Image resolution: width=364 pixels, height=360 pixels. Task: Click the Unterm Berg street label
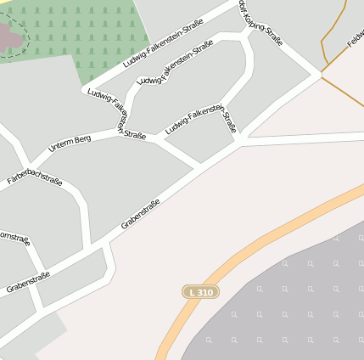[69, 144]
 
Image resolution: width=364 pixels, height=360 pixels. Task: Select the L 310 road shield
[202, 292]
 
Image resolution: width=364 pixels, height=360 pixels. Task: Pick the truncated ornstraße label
[14, 235]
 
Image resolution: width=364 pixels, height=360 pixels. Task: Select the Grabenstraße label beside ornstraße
[28, 282]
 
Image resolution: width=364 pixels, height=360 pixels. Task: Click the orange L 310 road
[255, 246]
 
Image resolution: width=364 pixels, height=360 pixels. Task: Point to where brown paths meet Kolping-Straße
[323, 71]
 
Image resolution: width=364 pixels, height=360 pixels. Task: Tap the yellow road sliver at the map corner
[3, 4]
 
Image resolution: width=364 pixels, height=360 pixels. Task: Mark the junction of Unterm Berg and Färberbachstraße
[31, 165]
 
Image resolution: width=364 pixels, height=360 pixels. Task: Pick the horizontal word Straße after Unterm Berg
[134, 135]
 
